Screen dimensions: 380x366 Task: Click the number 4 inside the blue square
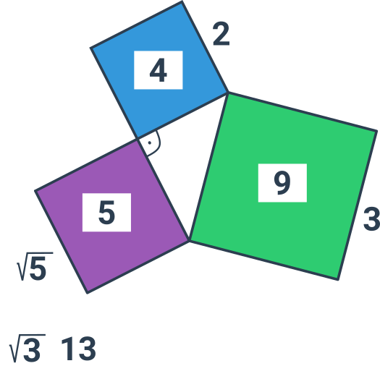(x=159, y=70)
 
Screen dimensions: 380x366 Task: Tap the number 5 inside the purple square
(x=106, y=213)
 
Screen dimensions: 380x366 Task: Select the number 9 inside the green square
(x=282, y=183)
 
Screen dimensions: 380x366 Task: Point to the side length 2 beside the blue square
(x=221, y=34)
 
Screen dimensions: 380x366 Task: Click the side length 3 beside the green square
(x=372, y=218)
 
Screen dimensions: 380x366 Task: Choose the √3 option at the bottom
(x=28, y=349)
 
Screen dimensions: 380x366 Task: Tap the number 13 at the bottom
(x=78, y=349)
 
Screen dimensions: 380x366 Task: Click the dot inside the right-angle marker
(x=150, y=143)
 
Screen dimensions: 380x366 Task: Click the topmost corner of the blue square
(x=182, y=2)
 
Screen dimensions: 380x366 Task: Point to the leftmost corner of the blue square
(x=91, y=48)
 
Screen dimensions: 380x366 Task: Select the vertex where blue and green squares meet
(x=228, y=93)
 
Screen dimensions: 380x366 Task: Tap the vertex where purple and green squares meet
(x=189, y=241)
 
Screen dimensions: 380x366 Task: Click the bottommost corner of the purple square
(x=88, y=293)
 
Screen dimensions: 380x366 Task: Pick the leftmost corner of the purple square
(x=35, y=191)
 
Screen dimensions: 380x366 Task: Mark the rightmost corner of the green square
(x=377, y=131)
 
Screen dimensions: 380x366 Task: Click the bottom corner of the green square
(x=338, y=280)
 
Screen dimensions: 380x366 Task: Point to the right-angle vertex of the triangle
(x=138, y=139)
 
